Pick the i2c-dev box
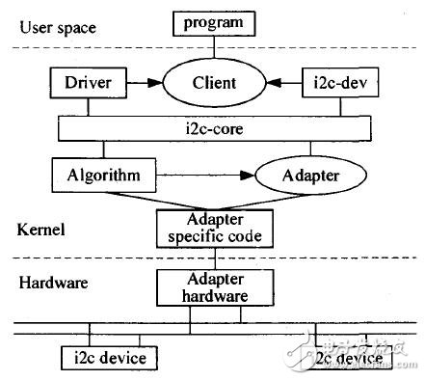point(336,85)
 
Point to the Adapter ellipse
point(312,176)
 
